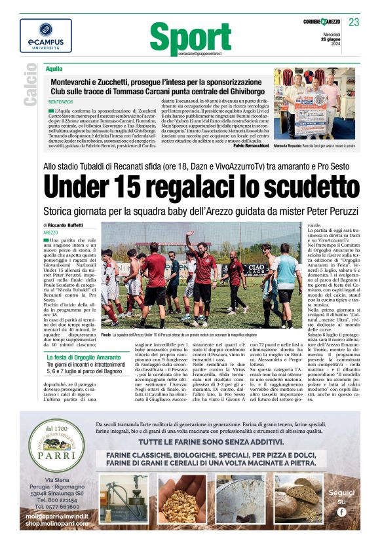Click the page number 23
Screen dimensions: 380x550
click(x=354, y=23)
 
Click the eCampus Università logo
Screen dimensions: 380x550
click(x=46, y=36)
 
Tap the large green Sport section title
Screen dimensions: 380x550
click(x=190, y=38)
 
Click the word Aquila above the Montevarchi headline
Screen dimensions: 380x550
click(x=54, y=68)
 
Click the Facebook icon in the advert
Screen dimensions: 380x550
click(x=341, y=512)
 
